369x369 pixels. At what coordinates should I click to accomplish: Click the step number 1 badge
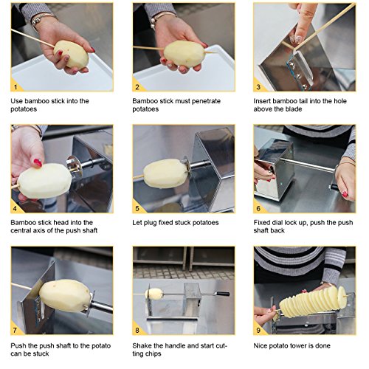(15, 87)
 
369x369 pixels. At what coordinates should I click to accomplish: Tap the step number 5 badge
(137, 209)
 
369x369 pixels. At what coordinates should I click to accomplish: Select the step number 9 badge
(258, 330)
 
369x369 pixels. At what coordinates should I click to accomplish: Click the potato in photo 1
(71, 54)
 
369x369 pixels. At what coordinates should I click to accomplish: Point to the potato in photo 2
(184, 54)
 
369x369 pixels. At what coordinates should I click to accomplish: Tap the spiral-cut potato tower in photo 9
(313, 302)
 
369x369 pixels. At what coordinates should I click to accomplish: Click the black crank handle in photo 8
(223, 294)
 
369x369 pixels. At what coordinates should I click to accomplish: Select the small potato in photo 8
(154, 294)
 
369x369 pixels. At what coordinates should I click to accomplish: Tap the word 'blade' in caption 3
(294, 109)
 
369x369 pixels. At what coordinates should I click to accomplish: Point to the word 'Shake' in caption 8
(142, 345)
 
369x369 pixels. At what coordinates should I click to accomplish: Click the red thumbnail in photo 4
(38, 162)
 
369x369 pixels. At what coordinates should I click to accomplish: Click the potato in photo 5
(165, 173)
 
